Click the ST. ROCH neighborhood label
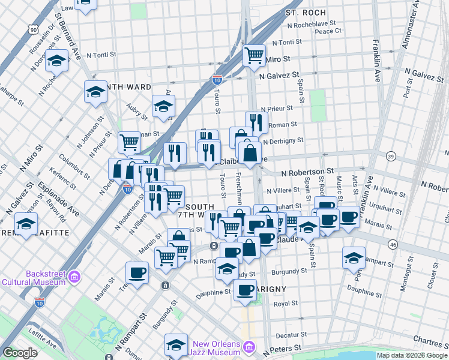tap(306, 12)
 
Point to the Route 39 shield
tap(391, 157)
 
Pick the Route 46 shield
tap(393, 244)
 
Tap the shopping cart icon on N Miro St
tap(255, 55)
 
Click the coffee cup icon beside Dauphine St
tap(245, 290)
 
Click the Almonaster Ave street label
tap(414, 27)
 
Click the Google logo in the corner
tap(20, 353)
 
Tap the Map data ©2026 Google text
tap(412, 355)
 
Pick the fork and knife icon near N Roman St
tap(256, 122)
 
